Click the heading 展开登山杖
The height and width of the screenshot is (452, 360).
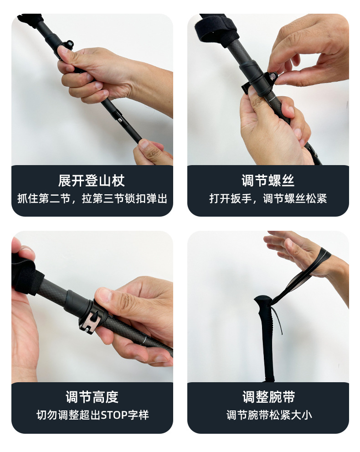click(91, 181)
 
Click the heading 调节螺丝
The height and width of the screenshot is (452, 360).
click(268, 181)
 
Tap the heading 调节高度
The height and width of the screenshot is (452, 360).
click(92, 397)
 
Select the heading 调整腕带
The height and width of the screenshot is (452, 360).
click(268, 397)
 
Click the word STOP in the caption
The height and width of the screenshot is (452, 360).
click(114, 416)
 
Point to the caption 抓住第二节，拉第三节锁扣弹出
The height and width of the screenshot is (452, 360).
click(92, 198)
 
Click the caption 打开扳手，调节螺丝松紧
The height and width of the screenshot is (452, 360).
click(268, 198)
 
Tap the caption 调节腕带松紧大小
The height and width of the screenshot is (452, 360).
click(269, 416)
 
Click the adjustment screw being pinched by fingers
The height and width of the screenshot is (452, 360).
click(273, 77)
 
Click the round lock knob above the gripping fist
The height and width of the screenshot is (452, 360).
click(69, 44)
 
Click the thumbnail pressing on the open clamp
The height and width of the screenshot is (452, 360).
click(104, 294)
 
